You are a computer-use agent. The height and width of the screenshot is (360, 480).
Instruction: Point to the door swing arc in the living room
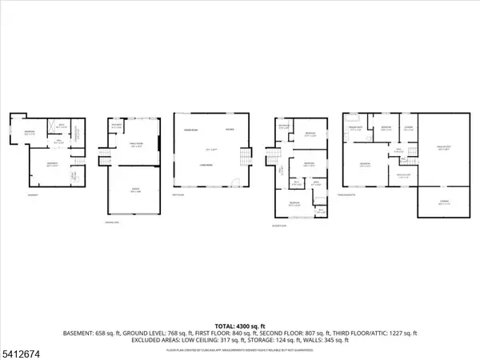tap(233, 182)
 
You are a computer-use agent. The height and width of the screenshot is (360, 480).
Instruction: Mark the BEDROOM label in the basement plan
tap(27, 133)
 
